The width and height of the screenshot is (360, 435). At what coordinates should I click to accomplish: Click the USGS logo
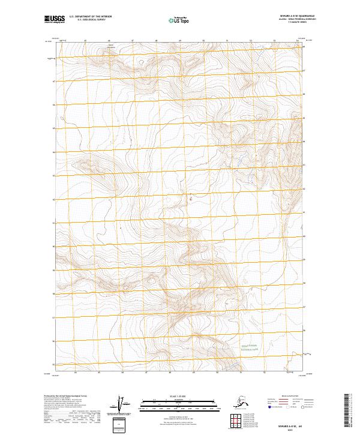click(54, 20)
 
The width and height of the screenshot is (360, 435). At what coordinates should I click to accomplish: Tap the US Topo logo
click(179, 20)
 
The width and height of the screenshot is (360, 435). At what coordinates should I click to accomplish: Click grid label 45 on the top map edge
click(86, 41)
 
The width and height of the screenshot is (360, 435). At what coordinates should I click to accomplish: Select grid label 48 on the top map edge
click(156, 41)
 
